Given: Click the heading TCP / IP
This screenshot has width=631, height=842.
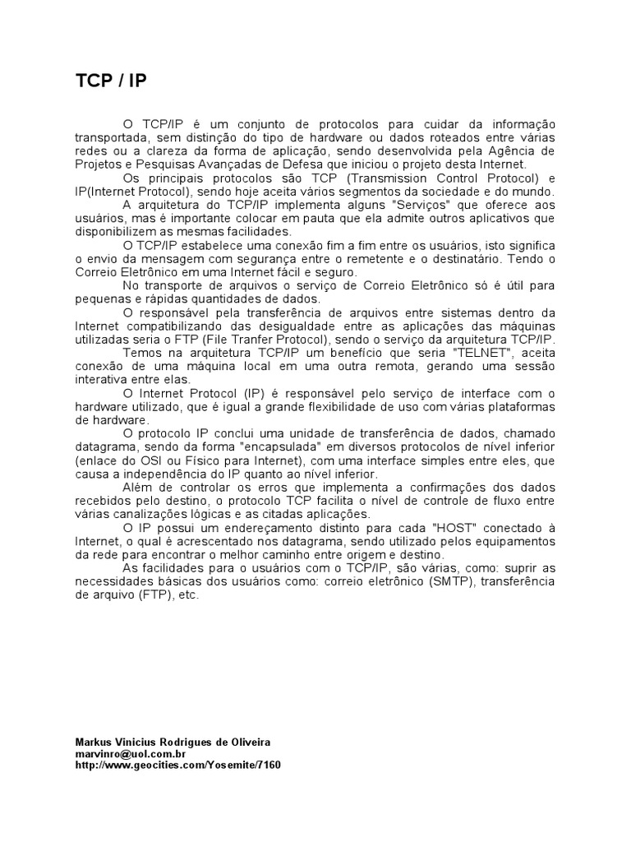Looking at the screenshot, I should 111,80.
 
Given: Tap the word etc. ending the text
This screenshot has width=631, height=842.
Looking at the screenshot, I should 188,594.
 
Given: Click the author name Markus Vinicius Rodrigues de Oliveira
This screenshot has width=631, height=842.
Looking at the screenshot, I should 173,742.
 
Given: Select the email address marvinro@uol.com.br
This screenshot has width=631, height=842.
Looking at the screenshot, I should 130,753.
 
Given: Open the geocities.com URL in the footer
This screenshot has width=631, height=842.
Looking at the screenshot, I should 177,765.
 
